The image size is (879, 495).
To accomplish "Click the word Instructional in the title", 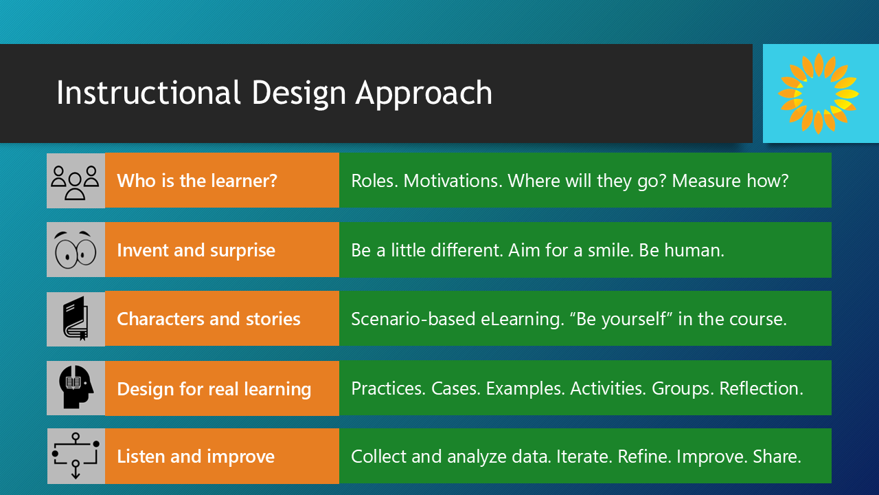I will pyautogui.click(x=148, y=93).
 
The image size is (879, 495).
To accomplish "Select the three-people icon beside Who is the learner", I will pyautogui.click(x=76, y=181).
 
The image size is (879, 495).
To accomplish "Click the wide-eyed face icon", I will pyautogui.click(x=76, y=250).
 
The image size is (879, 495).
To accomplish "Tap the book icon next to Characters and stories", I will pyautogui.click(x=76, y=318).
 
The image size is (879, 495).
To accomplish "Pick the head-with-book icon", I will pyautogui.click(x=76, y=388).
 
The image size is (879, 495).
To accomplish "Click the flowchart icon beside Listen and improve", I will pyautogui.click(x=76, y=456).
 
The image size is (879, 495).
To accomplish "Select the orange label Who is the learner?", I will pyautogui.click(x=197, y=181).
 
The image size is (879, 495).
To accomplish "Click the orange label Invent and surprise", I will pyautogui.click(x=196, y=250).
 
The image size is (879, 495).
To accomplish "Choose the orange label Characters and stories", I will pyautogui.click(x=209, y=319).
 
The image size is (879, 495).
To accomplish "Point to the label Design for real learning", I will pyautogui.click(x=214, y=389).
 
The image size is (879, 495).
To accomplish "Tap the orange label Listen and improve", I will pyautogui.click(x=196, y=456).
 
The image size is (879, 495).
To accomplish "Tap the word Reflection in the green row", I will pyautogui.click(x=761, y=388).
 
